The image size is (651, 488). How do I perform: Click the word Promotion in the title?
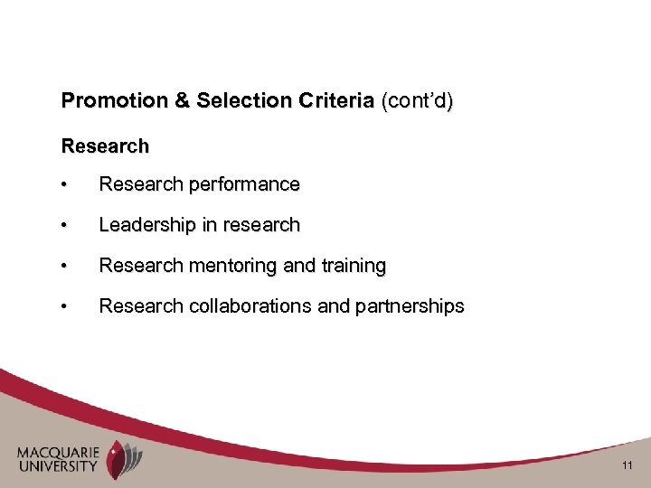(115, 101)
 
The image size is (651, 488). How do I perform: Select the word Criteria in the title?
(330, 101)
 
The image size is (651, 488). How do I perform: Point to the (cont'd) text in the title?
(417, 101)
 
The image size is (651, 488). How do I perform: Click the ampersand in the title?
(180, 101)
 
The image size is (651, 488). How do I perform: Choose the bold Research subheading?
(105, 145)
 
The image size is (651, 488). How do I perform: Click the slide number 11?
(627, 467)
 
